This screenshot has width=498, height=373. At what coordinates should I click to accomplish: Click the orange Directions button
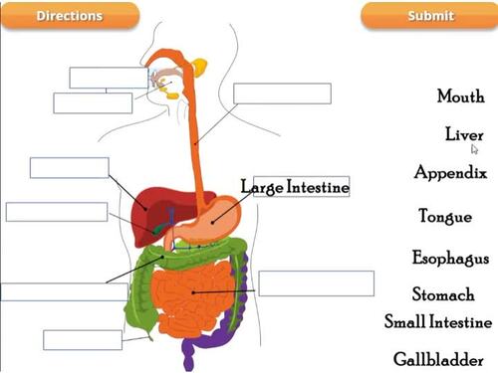(69, 16)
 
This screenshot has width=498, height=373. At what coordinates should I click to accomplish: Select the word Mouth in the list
(460, 96)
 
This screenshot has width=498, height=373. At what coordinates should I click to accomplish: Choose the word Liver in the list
(464, 134)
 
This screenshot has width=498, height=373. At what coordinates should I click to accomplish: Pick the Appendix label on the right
(450, 173)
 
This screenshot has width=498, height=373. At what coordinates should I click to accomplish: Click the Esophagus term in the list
(450, 259)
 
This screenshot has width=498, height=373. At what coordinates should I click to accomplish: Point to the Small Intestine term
(438, 322)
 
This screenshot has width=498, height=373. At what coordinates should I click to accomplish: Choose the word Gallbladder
(439, 358)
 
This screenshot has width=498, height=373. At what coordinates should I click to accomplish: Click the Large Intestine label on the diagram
(296, 187)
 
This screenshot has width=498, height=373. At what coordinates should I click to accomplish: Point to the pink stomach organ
(214, 219)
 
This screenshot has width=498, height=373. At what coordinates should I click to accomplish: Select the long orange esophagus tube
(194, 129)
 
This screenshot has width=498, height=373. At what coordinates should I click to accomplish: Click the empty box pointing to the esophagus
(282, 93)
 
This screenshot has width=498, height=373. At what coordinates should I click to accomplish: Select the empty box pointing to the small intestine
(316, 283)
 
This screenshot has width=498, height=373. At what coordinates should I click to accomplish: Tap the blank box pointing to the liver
(69, 167)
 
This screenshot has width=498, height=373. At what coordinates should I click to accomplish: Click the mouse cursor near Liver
(475, 148)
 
